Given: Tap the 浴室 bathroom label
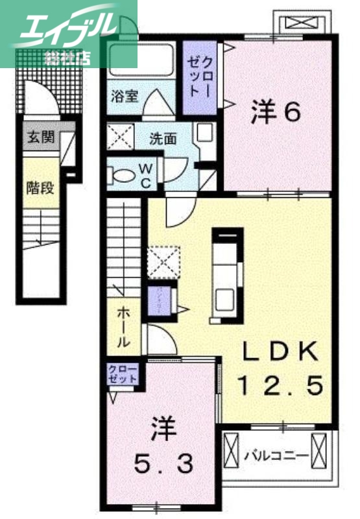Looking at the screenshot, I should [124, 97].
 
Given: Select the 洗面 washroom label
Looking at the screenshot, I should [162, 138].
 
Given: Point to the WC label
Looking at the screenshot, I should [145, 176].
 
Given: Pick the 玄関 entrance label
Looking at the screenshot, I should [40, 138].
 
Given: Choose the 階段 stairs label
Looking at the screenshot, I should [40, 188].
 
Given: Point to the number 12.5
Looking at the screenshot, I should [280, 388].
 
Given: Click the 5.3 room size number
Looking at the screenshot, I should [163, 464].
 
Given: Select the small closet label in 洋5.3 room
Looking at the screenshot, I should [123, 375].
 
